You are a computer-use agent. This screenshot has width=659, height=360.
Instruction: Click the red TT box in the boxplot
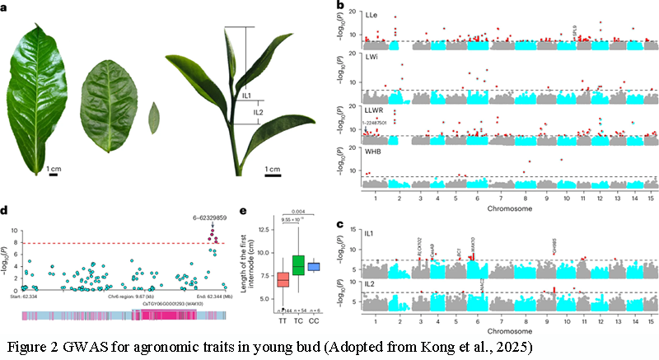coord(283,280)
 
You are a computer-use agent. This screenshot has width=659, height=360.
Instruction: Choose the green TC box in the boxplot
coord(299,265)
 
